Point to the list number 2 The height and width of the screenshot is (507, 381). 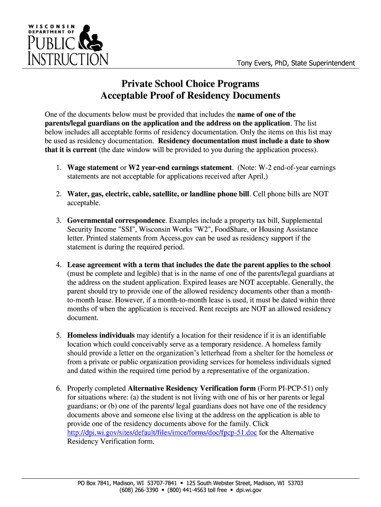coord(58,194)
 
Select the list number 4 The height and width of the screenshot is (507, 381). coord(58,264)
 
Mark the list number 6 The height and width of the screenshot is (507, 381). coord(58,388)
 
